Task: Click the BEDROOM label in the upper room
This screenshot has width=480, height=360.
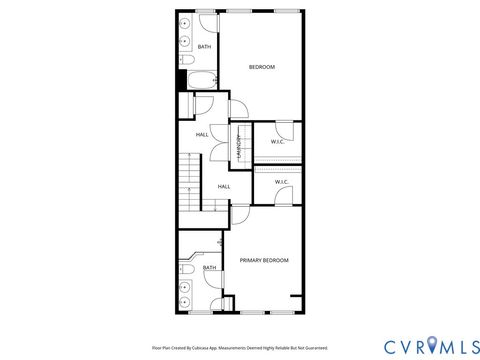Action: point(261,66)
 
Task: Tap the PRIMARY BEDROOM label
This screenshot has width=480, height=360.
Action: point(264,260)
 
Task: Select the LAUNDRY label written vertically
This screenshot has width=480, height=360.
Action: point(239,146)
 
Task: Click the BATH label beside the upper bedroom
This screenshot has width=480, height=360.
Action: point(204,47)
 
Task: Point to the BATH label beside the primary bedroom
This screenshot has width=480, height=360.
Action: point(209,267)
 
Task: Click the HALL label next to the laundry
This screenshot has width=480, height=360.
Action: point(202,135)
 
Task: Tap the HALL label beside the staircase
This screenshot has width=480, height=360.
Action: point(224,186)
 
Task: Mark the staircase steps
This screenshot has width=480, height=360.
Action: point(190,180)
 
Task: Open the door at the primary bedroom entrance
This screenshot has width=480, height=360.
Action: point(240,215)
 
